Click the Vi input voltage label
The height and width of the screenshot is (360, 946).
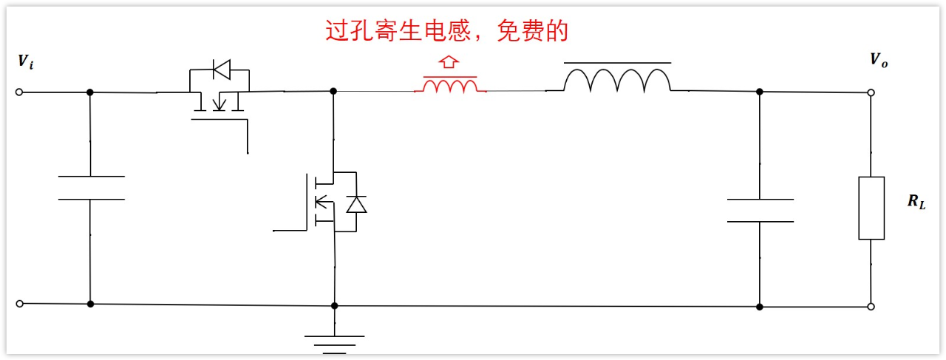(x=26, y=62)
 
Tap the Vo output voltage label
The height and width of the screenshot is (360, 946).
(x=879, y=61)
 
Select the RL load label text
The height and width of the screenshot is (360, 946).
(x=916, y=202)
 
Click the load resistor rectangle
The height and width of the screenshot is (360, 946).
(x=871, y=208)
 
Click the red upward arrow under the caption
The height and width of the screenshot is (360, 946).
(x=449, y=63)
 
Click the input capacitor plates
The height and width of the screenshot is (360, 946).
(x=91, y=188)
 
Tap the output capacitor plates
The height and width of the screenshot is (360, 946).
(x=760, y=210)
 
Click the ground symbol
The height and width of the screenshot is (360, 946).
(x=334, y=342)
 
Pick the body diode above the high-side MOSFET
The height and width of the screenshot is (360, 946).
(x=221, y=70)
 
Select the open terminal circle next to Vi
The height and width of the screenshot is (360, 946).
(x=20, y=92)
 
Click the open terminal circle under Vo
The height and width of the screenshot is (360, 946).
(x=871, y=92)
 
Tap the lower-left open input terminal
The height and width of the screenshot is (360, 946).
(x=20, y=303)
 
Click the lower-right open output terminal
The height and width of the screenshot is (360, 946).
(x=871, y=306)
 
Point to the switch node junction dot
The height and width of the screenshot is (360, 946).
(x=333, y=91)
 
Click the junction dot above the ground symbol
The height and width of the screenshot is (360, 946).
(x=334, y=305)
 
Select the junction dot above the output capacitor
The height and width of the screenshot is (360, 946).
(x=760, y=92)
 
